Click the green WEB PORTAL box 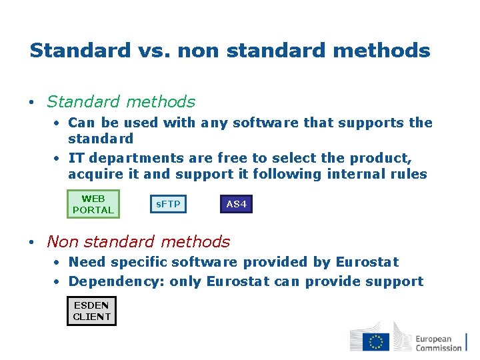click(93, 204)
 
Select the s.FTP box click(168, 204)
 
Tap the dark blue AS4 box click(237, 204)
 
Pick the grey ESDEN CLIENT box click(91, 311)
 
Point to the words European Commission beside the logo click(438, 343)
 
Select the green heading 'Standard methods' click(121, 102)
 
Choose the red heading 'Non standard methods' click(138, 242)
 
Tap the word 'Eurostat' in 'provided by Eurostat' click(367, 262)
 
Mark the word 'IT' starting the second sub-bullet click(76, 158)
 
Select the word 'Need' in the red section click(87, 262)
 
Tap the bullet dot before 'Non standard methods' click(32, 243)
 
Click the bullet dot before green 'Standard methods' click(32, 103)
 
